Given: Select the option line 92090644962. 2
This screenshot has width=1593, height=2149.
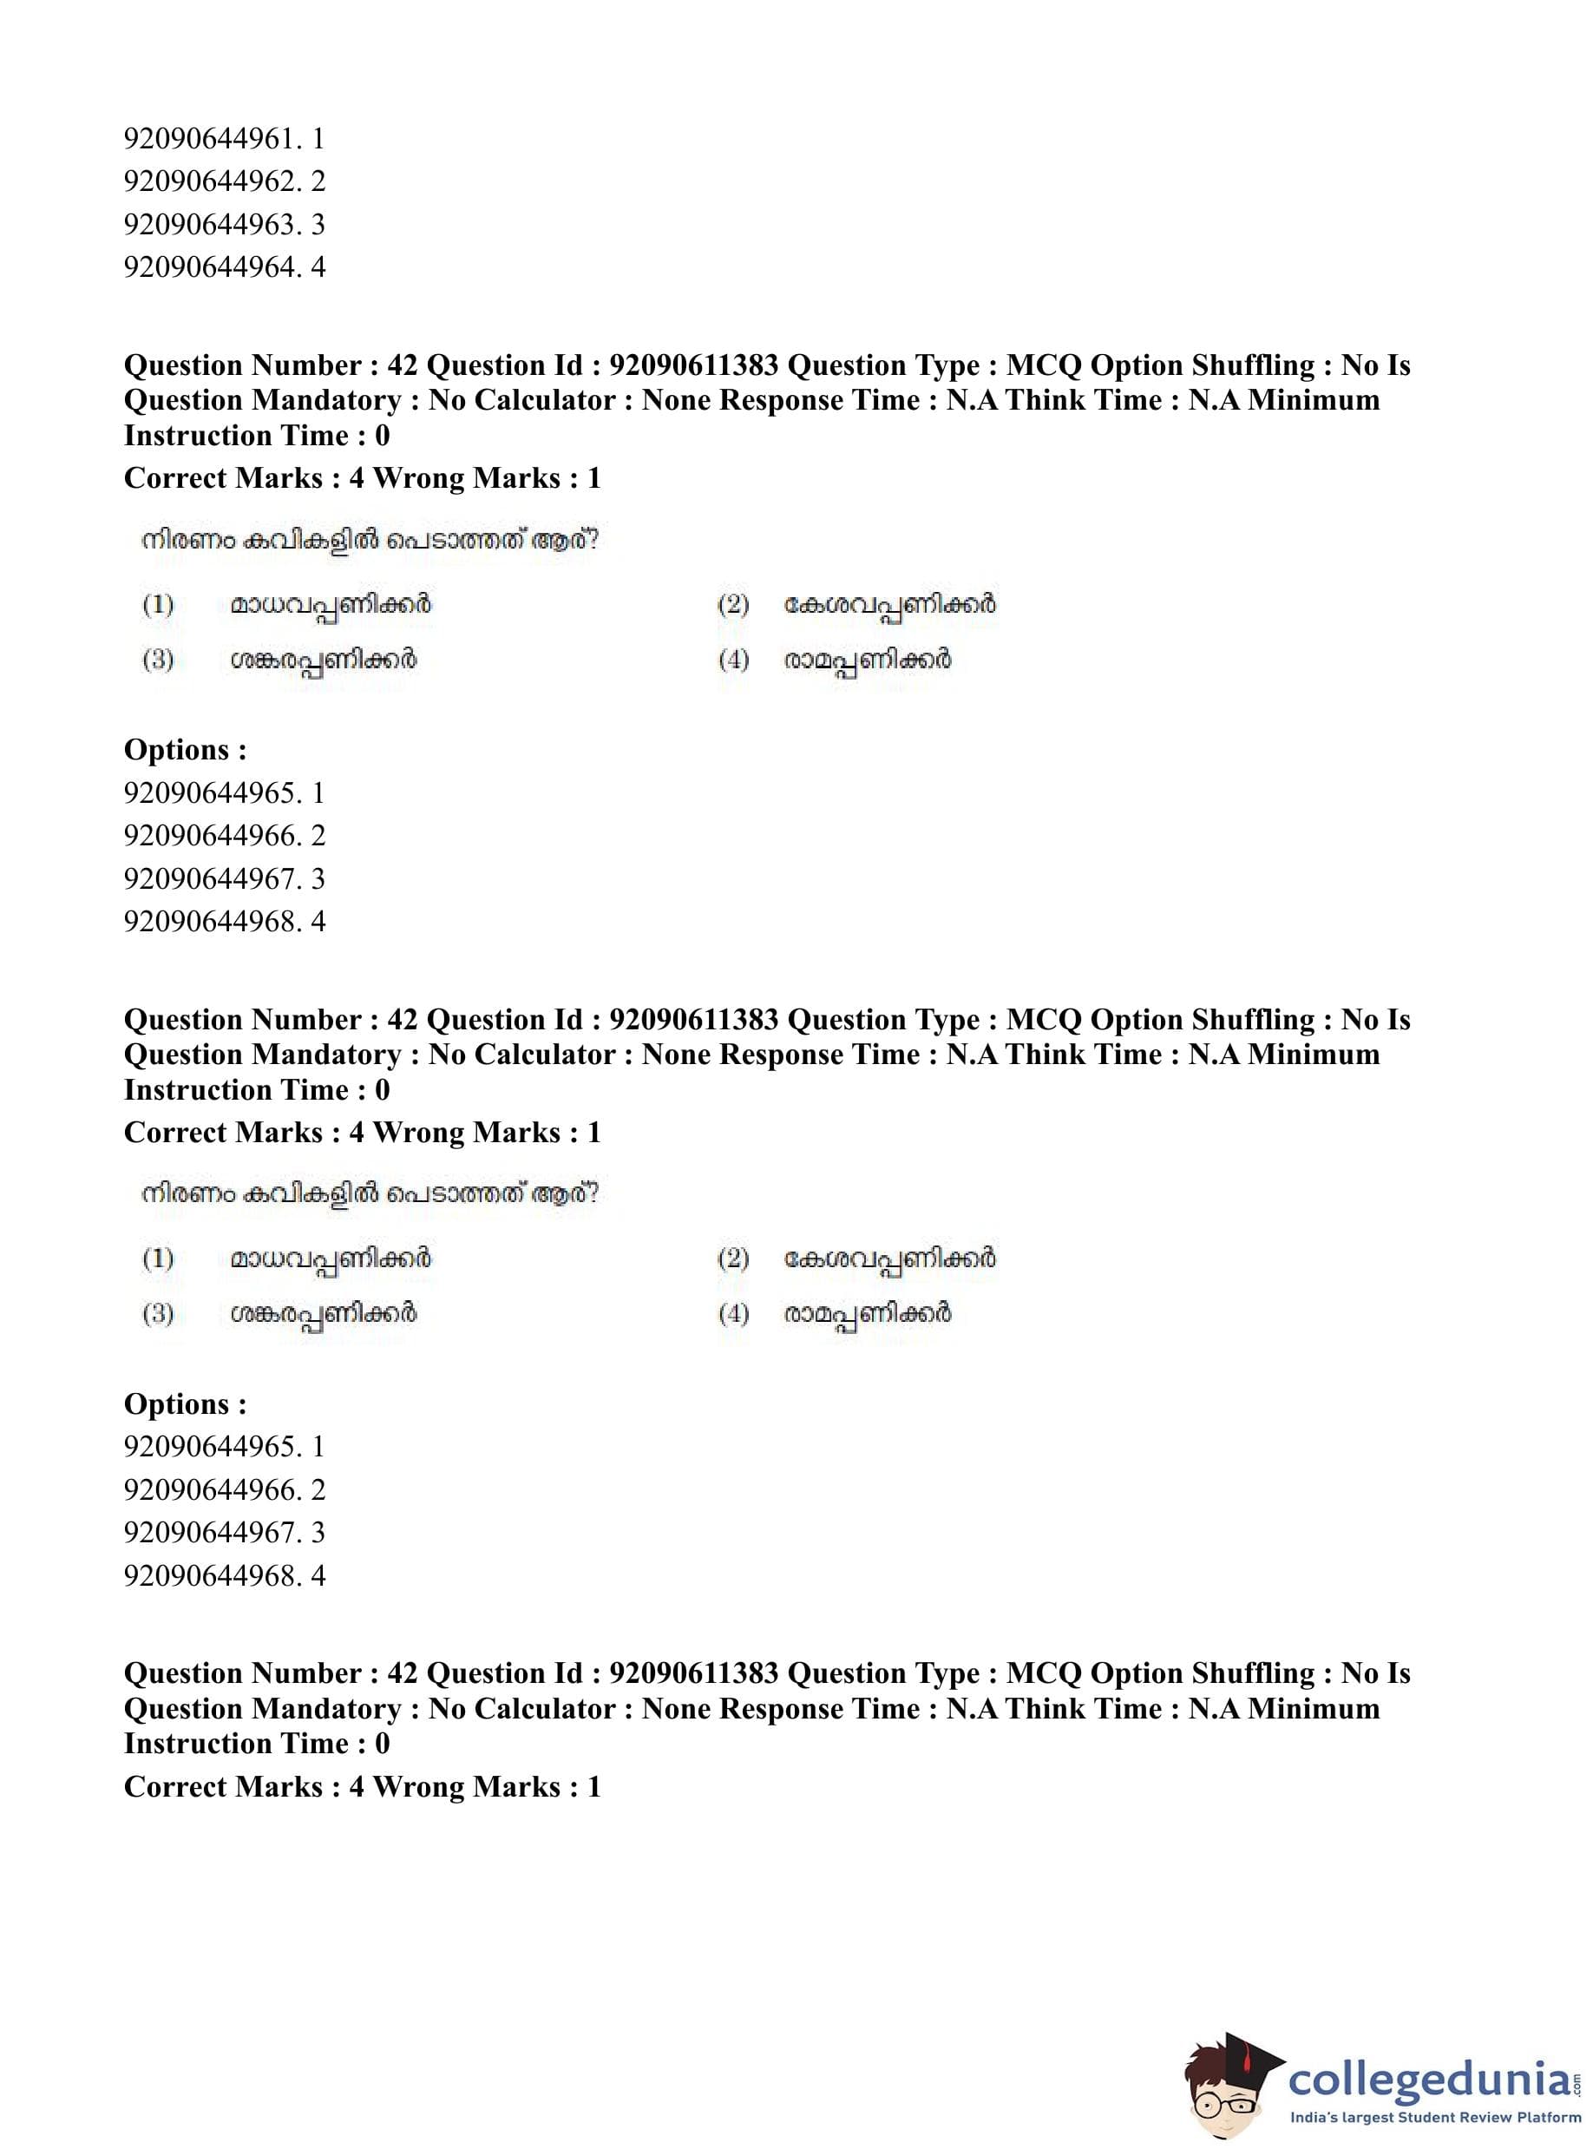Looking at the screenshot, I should pyautogui.click(x=224, y=181).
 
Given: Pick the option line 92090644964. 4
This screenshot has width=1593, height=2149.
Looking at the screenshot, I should pyautogui.click(x=224, y=266).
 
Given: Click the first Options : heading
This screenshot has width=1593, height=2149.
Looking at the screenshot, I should pyautogui.click(x=185, y=749).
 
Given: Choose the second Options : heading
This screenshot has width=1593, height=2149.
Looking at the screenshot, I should pyautogui.click(x=185, y=1403).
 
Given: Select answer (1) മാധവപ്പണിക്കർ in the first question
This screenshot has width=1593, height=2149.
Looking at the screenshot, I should pyautogui.click(x=330, y=605).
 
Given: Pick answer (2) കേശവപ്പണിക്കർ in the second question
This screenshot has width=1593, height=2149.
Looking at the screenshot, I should pyautogui.click(x=889, y=1259).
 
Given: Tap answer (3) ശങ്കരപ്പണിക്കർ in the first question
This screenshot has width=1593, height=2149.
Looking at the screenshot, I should pyautogui.click(x=323, y=660).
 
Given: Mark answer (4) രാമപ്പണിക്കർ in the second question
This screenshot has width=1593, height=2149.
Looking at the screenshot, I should pyautogui.click(x=867, y=1314).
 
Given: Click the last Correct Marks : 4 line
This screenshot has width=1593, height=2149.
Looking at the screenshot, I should pyautogui.click(x=362, y=1786).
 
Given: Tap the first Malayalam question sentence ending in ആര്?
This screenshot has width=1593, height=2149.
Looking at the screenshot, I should pyautogui.click(x=370, y=540).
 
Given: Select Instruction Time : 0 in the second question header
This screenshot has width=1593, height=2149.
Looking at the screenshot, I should pyautogui.click(x=257, y=1090).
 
